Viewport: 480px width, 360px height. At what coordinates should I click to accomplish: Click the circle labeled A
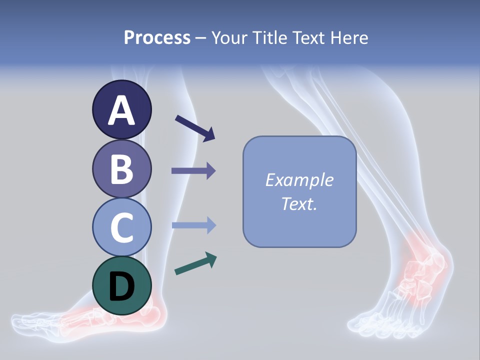[121, 109]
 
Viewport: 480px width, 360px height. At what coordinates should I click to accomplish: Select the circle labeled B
[121, 168]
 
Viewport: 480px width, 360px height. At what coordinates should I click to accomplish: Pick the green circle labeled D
[121, 285]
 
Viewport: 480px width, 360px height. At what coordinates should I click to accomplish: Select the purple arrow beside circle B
[193, 171]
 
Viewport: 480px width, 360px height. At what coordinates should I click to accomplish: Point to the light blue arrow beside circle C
[193, 225]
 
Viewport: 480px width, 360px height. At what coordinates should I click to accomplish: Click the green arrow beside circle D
[195, 263]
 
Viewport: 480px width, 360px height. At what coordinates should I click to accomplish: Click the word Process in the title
[157, 38]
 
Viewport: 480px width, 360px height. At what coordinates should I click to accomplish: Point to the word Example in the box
[299, 180]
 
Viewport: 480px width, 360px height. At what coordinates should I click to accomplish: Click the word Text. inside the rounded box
[299, 204]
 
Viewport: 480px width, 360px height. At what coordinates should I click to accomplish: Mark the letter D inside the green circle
[121, 286]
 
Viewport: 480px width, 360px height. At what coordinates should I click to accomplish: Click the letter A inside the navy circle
[121, 110]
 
